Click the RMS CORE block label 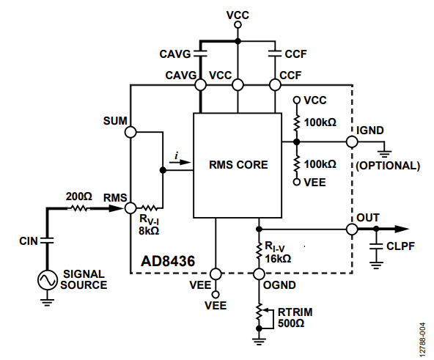click(x=238, y=165)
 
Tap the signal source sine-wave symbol click(x=48, y=280)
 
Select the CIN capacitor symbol click(x=47, y=240)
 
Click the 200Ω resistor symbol click(x=78, y=208)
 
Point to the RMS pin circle click(x=130, y=208)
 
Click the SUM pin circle click(x=130, y=132)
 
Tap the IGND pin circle click(x=352, y=142)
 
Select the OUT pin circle click(x=352, y=229)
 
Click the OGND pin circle click(x=259, y=274)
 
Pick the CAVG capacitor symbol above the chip click(x=200, y=54)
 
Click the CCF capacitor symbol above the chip click(x=275, y=54)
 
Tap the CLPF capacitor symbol click(x=376, y=246)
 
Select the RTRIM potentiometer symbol click(x=263, y=316)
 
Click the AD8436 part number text click(x=168, y=261)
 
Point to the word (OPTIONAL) click(x=388, y=166)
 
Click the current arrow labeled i click(x=180, y=162)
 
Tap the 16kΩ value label click(x=278, y=259)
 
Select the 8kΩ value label click(x=149, y=230)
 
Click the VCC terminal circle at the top click(x=238, y=25)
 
